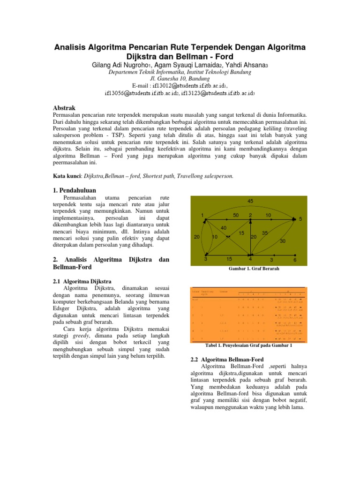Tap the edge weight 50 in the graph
click(x=236, y=215)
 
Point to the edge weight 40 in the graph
click(x=224, y=228)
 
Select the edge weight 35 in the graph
click(x=265, y=233)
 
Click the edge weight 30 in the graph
click(x=283, y=241)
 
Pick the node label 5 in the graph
click(x=300, y=219)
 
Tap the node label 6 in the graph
click(x=295, y=259)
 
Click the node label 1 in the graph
click(x=202, y=215)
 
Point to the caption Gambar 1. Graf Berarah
click(x=251, y=270)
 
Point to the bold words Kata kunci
click(x=66, y=176)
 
